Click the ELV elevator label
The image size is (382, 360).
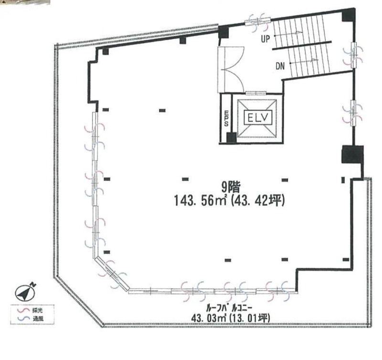[258, 118]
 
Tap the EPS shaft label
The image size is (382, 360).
[226, 118]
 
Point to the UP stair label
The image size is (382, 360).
[266, 39]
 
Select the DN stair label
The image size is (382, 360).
[280, 66]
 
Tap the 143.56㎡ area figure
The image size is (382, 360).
[201, 201]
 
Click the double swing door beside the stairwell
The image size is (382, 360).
[231, 69]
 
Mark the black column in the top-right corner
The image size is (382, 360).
[349, 15]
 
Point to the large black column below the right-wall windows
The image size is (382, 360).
[352, 154]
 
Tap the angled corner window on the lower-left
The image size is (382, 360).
[112, 274]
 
